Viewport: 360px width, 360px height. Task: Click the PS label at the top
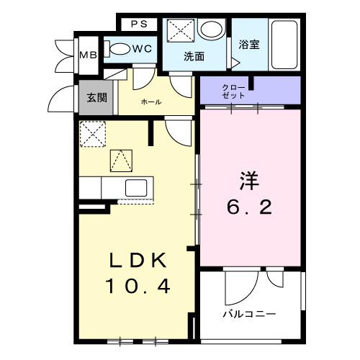pos(140,24)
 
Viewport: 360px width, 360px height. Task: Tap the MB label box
pos(87,55)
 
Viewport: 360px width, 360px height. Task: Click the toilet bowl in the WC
pos(121,49)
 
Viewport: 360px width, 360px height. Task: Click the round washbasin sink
pos(211,30)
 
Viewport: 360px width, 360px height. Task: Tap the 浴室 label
pos(249,44)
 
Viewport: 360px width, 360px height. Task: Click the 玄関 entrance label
pos(97,97)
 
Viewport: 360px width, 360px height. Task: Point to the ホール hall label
pos(151,102)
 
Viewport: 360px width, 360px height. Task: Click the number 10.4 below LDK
pos(138,287)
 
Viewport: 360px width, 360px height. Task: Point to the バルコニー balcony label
pos(249,315)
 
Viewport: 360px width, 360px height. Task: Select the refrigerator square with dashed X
pos(91,133)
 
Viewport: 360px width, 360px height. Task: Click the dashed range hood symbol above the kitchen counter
pos(120,160)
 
